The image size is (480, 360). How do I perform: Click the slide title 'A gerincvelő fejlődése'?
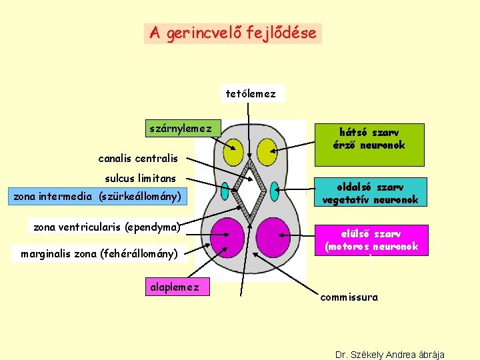point(233,33)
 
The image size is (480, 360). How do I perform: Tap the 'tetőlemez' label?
point(251,93)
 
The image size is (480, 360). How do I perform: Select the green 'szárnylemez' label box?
point(181,127)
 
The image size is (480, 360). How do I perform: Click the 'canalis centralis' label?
point(138,159)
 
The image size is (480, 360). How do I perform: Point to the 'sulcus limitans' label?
point(141,178)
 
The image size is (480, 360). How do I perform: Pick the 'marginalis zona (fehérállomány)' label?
point(99,253)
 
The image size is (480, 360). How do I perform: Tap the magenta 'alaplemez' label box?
point(174,287)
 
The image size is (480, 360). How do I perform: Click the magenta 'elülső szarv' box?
point(372,240)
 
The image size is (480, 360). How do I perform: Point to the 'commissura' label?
point(349,297)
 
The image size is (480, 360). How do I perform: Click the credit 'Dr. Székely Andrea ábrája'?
point(390,354)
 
